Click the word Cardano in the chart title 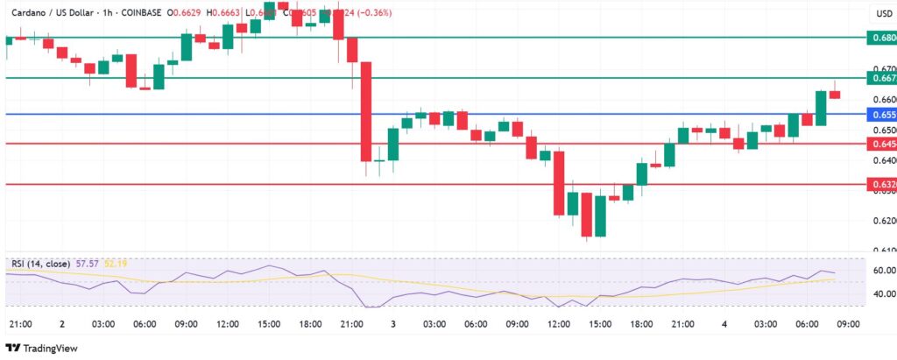27,14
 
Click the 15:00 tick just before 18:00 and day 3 268,324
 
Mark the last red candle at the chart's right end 835,94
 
